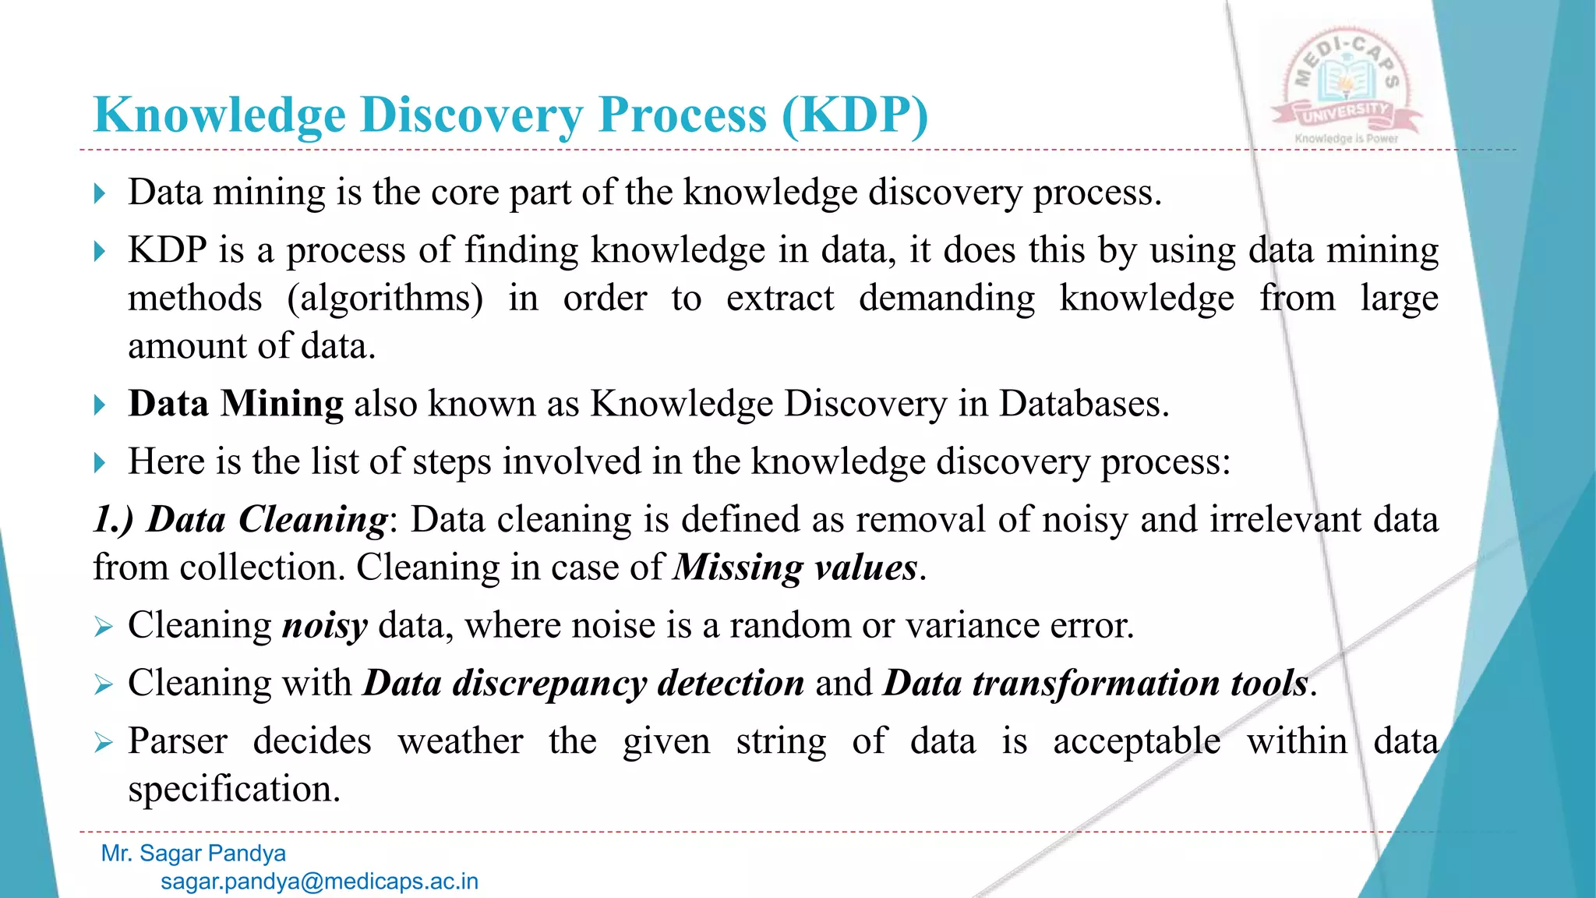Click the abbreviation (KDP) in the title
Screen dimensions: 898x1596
(854, 115)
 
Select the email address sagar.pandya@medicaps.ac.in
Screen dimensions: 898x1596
(320, 882)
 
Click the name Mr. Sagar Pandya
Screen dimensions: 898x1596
(193, 853)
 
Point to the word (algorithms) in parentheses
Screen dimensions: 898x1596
(385, 299)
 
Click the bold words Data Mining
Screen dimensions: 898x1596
(235, 404)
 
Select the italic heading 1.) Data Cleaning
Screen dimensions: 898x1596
(240, 519)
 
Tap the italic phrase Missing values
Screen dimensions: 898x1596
(796, 567)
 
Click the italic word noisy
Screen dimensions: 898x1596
(324, 626)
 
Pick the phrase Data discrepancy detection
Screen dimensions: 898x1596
(584, 684)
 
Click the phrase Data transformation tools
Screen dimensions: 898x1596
(1095, 684)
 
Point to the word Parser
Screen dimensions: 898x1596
(178, 741)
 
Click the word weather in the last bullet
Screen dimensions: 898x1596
(461, 741)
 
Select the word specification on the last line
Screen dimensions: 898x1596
(234, 789)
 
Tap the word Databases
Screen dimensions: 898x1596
(1083, 404)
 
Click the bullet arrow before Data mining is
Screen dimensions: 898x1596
(99, 193)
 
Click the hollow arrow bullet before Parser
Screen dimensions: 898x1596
(103, 742)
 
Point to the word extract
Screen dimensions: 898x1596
(779, 299)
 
